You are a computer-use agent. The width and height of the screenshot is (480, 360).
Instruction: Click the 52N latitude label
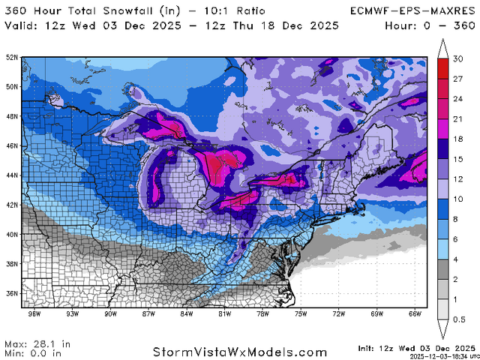point(13,57)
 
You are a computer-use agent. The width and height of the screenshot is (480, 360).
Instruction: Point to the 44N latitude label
point(13,175)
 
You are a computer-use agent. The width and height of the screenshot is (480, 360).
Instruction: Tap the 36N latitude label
point(13,293)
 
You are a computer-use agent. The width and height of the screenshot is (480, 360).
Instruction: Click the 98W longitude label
point(33,313)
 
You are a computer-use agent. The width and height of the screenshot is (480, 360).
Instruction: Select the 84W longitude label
point(187,313)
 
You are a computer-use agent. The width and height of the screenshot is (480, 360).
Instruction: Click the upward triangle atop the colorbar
point(443,51)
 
